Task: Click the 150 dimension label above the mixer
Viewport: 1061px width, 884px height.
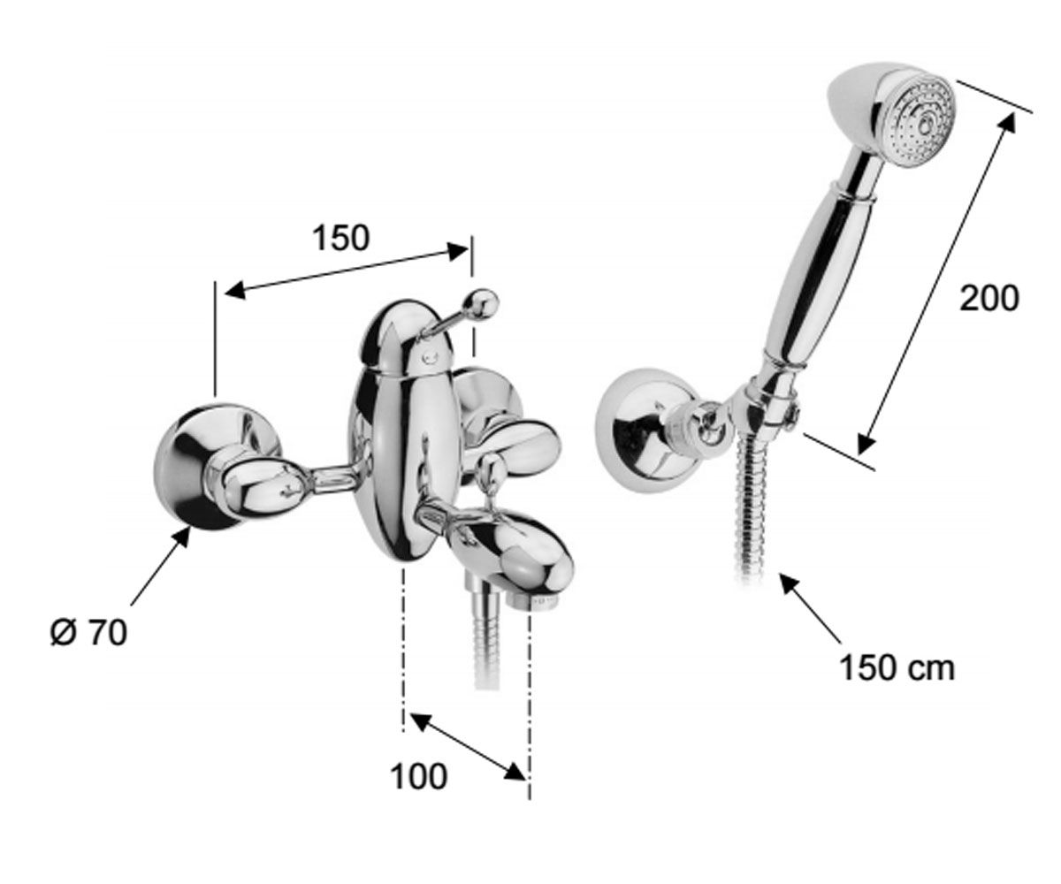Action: [x=341, y=239]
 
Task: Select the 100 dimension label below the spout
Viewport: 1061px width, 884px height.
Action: [x=419, y=776]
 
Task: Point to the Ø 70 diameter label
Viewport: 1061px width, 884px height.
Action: [x=89, y=634]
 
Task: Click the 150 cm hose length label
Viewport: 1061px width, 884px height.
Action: [x=897, y=667]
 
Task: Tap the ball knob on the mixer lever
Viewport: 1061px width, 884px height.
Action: [x=482, y=304]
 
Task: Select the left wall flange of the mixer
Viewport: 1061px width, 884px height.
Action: [x=216, y=467]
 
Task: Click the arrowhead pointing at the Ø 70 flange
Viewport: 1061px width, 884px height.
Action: [x=179, y=538]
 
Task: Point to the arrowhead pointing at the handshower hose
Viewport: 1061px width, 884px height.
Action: [x=791, y=584]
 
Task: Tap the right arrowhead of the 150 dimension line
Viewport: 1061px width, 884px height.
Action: [x=458, y=251]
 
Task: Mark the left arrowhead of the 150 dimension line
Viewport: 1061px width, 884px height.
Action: [x=236, y=291]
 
